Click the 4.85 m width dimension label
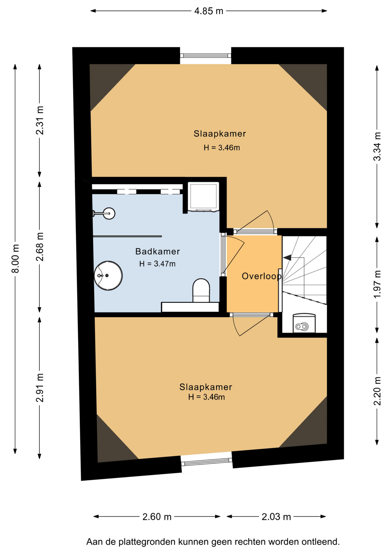(209, 11)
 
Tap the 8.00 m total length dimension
(15, 258)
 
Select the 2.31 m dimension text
(40, 120)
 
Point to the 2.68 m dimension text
(40, 247)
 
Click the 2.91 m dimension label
(40, 388)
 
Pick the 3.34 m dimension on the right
(377, 146)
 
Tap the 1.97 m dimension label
(377, 284)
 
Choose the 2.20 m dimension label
(377, 391)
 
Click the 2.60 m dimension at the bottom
(157, 516)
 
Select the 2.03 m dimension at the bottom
(276, 516)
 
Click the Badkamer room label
(158, 251)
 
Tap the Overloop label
(262, 276)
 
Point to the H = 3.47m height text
(157, 264)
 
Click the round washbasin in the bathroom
(108, 276)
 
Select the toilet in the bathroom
(201, 290)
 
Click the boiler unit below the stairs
(304, 323)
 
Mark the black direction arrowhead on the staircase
(287, 257)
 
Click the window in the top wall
(206, 56)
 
